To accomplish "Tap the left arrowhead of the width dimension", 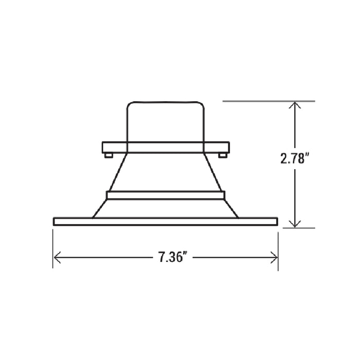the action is (x=57, y=257).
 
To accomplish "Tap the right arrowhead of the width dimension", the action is (x=274, y=257).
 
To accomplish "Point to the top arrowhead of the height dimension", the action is (x=295, y=105).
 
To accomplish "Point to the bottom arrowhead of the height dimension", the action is (x=295, y=224).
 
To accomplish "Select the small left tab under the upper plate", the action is (x=109, y=155).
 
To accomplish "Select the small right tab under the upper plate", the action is (x=222, y=155).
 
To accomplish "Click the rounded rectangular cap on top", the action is (x=166, y=101).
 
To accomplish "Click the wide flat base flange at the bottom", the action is (x=166, y=222).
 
